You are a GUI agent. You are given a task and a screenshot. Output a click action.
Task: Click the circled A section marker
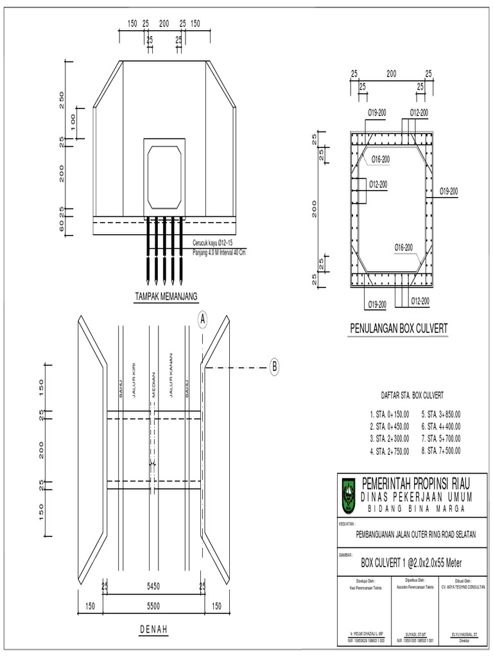[x=203, y=319]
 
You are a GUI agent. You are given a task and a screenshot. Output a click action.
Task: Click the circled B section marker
[x=274, y=367]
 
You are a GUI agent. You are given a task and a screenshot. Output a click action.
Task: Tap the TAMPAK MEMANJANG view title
[x=166, y=296]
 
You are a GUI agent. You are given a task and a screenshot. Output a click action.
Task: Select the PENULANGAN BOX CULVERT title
[x=398, y=329]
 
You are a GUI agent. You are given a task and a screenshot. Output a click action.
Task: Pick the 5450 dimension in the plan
[x=153, y=586]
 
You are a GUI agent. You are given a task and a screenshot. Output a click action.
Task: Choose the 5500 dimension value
[x=153, y=605]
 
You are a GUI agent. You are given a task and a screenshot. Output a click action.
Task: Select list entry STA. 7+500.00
[x=441, y=450]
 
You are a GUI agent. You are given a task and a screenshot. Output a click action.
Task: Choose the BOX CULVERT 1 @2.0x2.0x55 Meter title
[x=411, y=563]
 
